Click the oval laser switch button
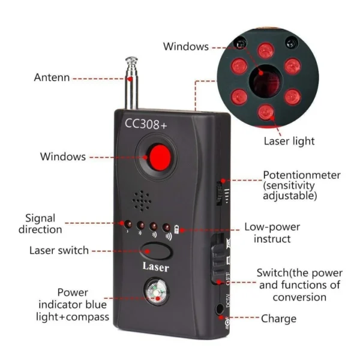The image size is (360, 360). (155, 250)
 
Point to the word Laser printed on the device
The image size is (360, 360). (155, 268)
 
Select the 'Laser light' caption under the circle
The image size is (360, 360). (289, 141)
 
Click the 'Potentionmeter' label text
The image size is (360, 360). (302, 175)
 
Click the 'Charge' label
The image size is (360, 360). (278, 319)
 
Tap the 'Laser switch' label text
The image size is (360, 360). (59, 250)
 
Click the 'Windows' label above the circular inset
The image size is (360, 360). (186, 46)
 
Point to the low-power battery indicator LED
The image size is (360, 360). (176, 228)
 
